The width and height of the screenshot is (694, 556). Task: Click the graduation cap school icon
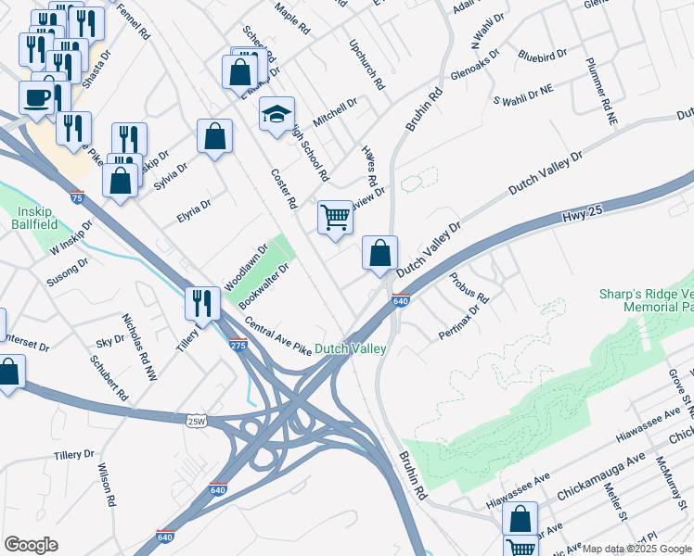276,114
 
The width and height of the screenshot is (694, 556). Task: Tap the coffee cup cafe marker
37,97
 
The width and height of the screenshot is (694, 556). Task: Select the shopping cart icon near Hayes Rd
335,218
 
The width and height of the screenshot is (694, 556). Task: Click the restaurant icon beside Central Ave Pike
201,303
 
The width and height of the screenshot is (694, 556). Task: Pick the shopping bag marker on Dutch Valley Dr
379,253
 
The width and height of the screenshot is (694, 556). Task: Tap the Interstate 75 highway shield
77,197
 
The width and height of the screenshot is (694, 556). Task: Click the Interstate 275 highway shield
238,345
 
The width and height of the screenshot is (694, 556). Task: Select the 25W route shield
196,421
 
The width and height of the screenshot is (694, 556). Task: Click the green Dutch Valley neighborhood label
350,348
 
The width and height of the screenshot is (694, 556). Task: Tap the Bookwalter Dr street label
264,285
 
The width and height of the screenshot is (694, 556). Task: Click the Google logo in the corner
31,544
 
